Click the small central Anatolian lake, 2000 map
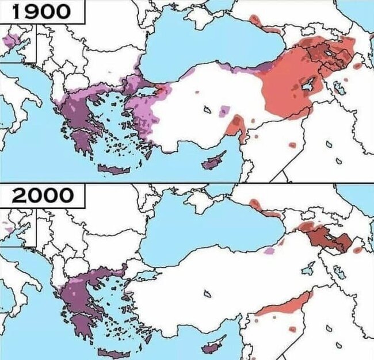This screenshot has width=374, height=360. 206,294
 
